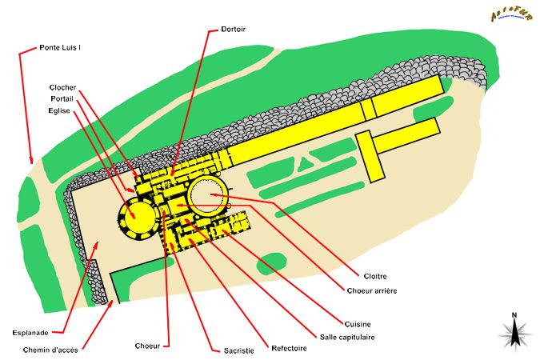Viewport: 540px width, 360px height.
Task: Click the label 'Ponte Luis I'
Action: coord(60,48)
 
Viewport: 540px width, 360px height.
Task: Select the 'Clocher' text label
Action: coord(62,87)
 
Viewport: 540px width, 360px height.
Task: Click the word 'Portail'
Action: coord(62,98)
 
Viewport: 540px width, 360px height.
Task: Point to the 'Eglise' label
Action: coord(61,110)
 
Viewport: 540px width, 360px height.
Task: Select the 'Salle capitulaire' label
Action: coord(347,337)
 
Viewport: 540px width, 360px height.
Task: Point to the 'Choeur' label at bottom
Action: coord(149,346)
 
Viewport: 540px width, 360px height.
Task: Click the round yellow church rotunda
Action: coord(137,218)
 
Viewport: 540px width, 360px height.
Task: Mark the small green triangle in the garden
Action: coord(303,165)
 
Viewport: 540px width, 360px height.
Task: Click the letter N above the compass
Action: coord(514,314)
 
